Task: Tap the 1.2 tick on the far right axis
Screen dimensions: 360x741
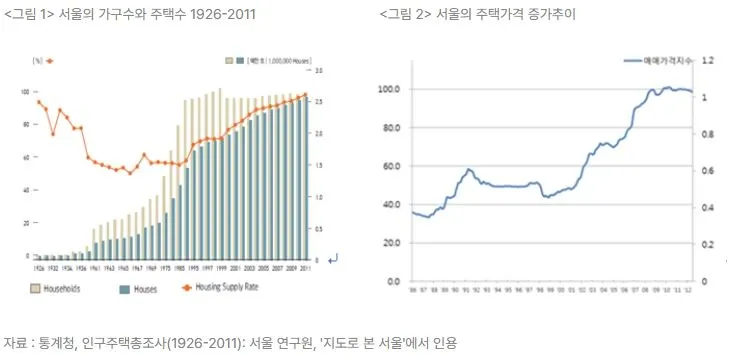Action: [x=708, y=60]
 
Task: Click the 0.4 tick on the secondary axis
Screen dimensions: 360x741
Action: [x=708, y=208]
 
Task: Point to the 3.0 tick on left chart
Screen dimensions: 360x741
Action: [x=317, y=71]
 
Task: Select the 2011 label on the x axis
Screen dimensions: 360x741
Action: [x=305, y=269]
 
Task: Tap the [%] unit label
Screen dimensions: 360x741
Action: [x=37, y=61]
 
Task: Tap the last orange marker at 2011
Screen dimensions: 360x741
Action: [x=305, y=95]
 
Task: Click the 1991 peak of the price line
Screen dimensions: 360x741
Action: [x=468, y=170]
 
